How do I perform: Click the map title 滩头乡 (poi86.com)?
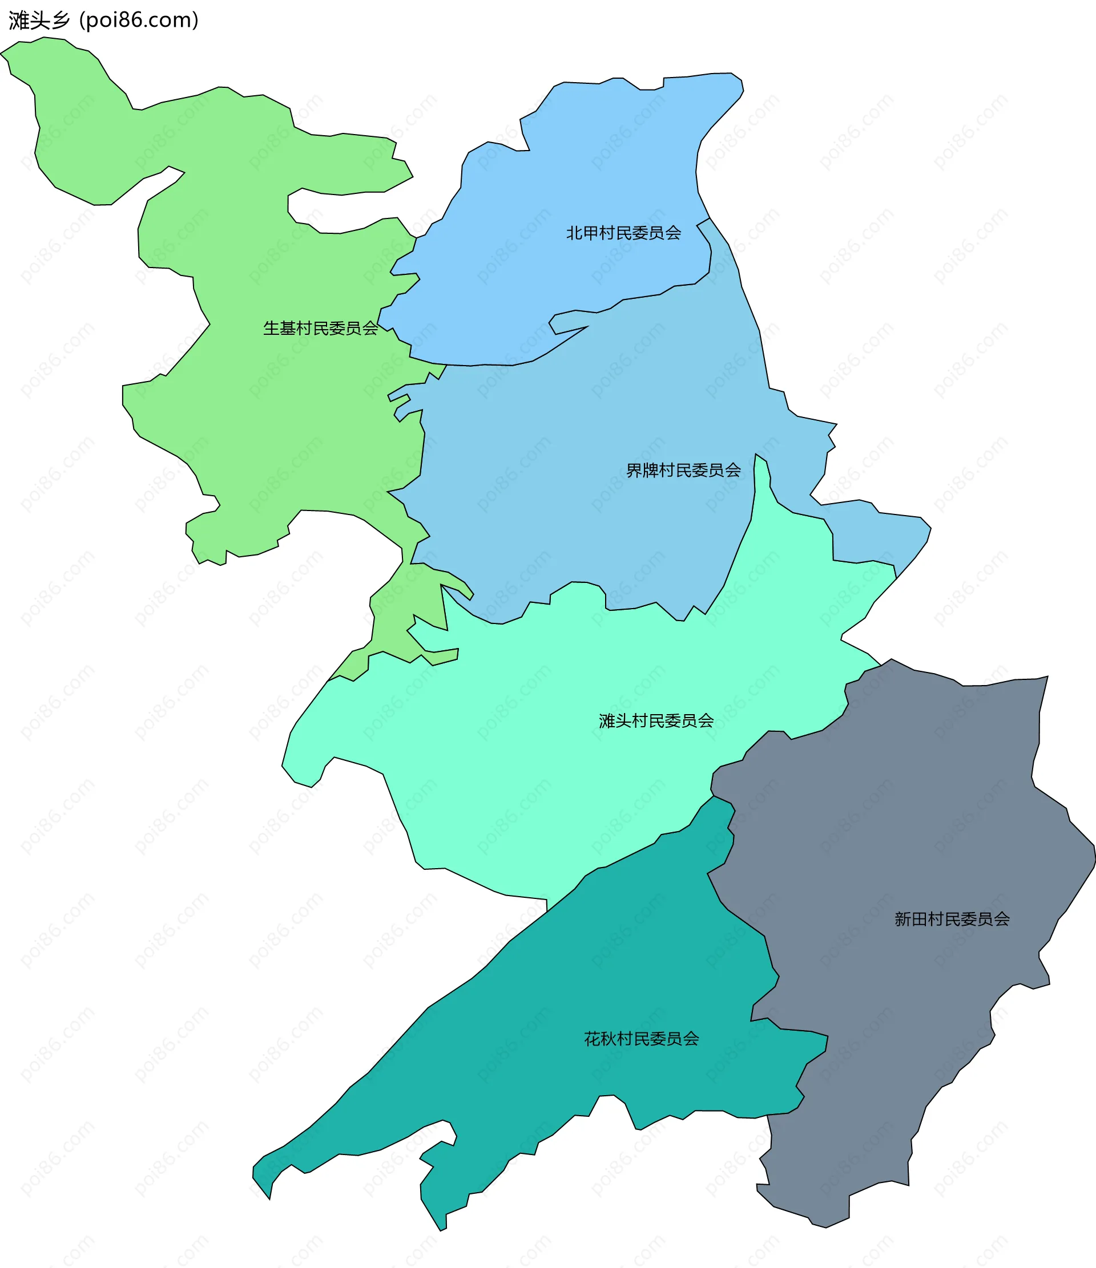(x=103, y=20)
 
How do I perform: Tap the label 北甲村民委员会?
(x=623, y=233)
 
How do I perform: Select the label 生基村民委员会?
(x=321, y=329)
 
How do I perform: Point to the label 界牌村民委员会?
(x=683, y=471)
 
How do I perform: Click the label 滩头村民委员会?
(x=656, y=721)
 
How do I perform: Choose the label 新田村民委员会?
(x=952, y=919)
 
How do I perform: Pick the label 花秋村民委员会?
(x=642, y=1039)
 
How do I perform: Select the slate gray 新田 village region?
(x=918, y=826)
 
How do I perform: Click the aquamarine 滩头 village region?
(x=521, y=765)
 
